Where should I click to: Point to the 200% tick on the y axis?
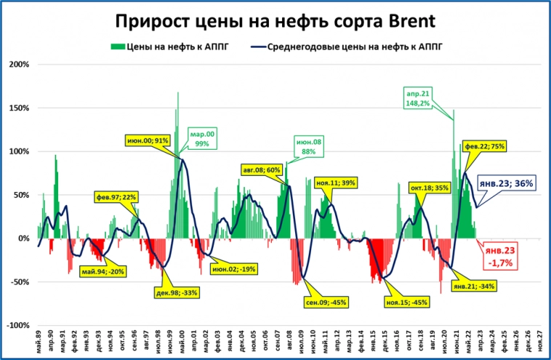tap(20, 64)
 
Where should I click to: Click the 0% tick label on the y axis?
tap(23, 239)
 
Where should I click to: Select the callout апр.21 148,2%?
tap(418, 99)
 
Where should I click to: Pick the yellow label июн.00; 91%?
tap(148, 140)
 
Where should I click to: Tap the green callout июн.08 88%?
tap(308, 146)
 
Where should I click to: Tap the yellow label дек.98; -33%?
tap(177, 292)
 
